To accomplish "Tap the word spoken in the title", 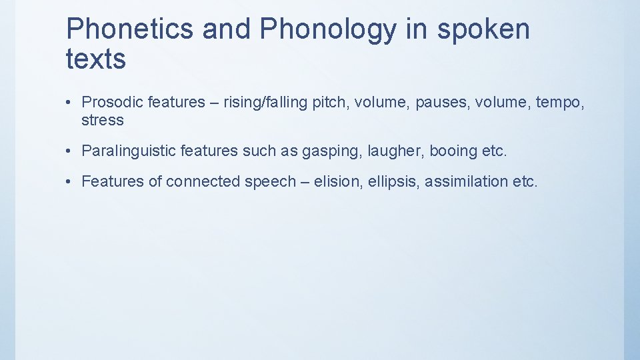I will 485,29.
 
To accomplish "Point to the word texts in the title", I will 96,59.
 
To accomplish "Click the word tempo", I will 557,102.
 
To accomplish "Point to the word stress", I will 103,120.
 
